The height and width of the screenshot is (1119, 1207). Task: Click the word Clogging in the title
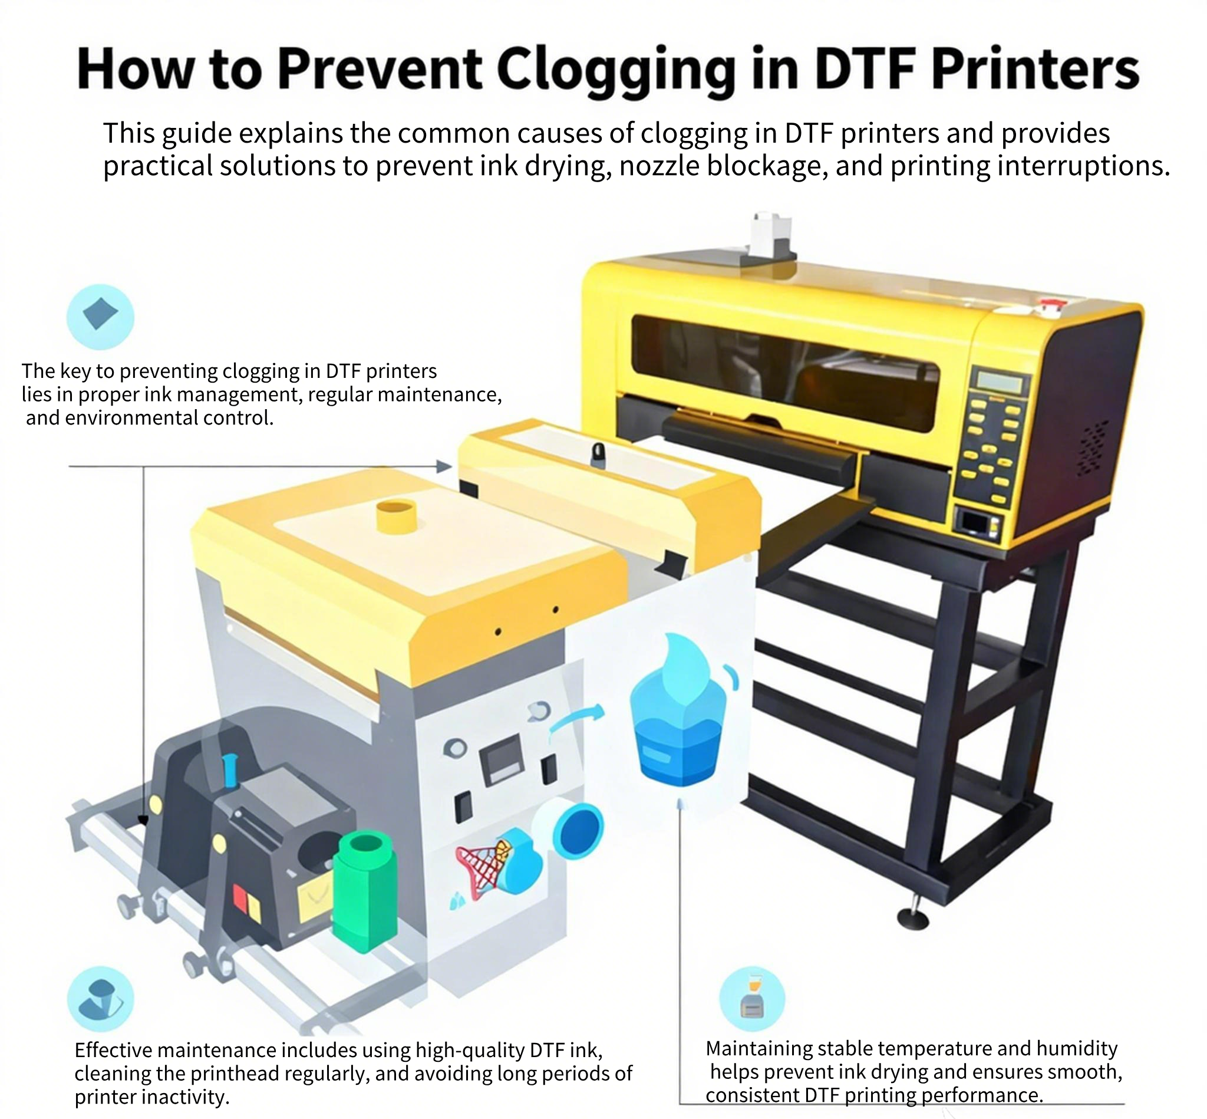click(616, 70)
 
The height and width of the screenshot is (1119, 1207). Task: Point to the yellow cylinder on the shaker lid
click(397, 516)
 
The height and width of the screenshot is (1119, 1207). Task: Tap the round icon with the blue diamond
click(100, 317)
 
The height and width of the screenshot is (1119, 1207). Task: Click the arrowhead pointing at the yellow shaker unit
click(444, 466)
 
